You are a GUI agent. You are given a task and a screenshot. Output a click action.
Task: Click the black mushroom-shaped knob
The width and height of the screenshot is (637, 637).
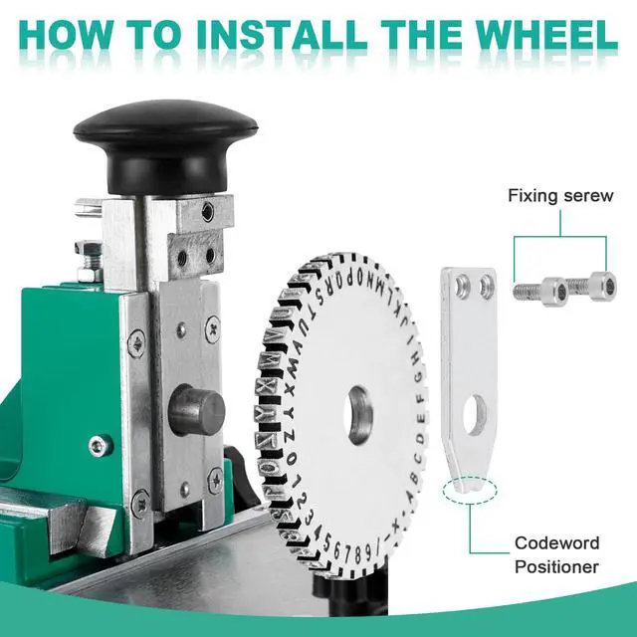(165, 144)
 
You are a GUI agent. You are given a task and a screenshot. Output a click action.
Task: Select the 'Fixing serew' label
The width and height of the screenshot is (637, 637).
(560, 196)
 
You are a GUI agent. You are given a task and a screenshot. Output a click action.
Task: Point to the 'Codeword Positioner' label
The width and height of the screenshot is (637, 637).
(557, 555)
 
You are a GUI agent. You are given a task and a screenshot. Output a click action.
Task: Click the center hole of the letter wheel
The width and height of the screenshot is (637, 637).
(358, 414)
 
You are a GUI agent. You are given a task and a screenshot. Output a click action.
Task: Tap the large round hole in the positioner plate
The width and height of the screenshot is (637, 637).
(474, 414)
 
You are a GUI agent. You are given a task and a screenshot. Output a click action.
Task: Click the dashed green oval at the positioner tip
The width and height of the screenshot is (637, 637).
(470, 490)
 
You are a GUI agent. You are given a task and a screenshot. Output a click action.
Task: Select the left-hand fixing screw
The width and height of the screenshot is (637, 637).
(540, 292)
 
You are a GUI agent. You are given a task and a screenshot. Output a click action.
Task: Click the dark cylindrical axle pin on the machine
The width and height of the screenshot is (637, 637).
(197, 410)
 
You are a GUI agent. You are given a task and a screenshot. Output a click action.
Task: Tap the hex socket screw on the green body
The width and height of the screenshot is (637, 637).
(99, 446)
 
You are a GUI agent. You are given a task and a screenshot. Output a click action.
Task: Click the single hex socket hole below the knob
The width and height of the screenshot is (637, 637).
(208, 210)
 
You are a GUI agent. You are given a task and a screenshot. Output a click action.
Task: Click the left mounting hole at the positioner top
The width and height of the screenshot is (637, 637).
(462, 285)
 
